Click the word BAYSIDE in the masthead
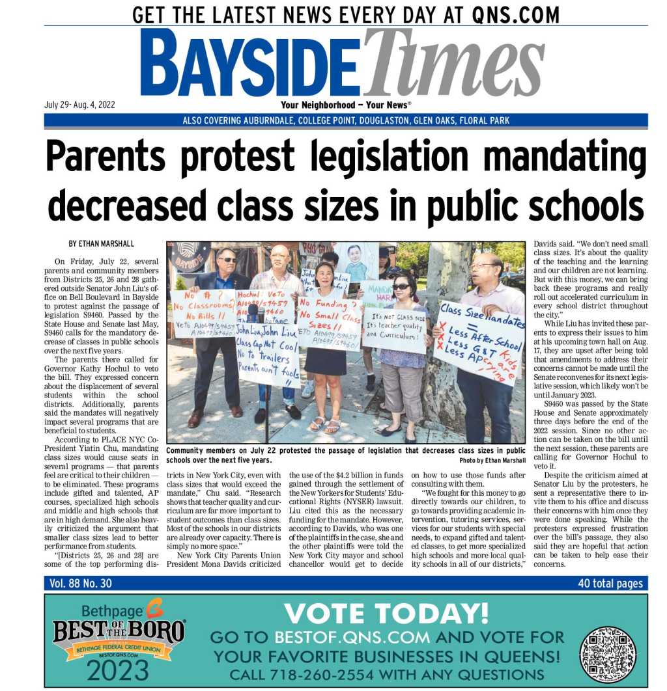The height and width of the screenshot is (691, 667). [249, 64]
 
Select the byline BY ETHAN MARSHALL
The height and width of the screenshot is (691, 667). [102, 244]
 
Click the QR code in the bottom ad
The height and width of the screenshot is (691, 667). [607, 654]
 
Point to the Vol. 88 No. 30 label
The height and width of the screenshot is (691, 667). [81, 584]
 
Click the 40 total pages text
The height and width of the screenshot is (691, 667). [610, 584]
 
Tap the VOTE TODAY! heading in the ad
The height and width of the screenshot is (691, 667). [386, 613]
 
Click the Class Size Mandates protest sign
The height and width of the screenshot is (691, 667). [480, 342]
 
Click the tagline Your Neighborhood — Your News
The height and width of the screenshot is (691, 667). [345, 105]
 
